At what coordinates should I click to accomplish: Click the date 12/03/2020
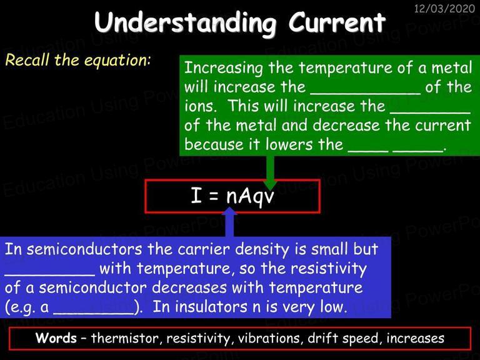click(x=444, y=9)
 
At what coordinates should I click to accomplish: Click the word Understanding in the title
click(x=185, y=23)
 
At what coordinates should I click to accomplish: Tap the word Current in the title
click(x=337, y=22)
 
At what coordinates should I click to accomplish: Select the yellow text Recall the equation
click(x=78, y=60)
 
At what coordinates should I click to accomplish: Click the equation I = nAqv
click(x=232, y=195)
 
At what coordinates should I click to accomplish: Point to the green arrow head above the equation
click(x=270, y=184)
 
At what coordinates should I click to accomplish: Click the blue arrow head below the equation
click(x=230, y=211)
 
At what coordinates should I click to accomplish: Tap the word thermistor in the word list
click(x=124, y=338)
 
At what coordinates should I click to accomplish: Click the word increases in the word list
click(x=415, y=338)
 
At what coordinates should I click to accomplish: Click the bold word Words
click(x=56, y=338)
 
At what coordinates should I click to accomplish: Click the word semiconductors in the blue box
click(x=84, y=249)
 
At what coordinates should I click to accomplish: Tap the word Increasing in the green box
click(x=224, y=68)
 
